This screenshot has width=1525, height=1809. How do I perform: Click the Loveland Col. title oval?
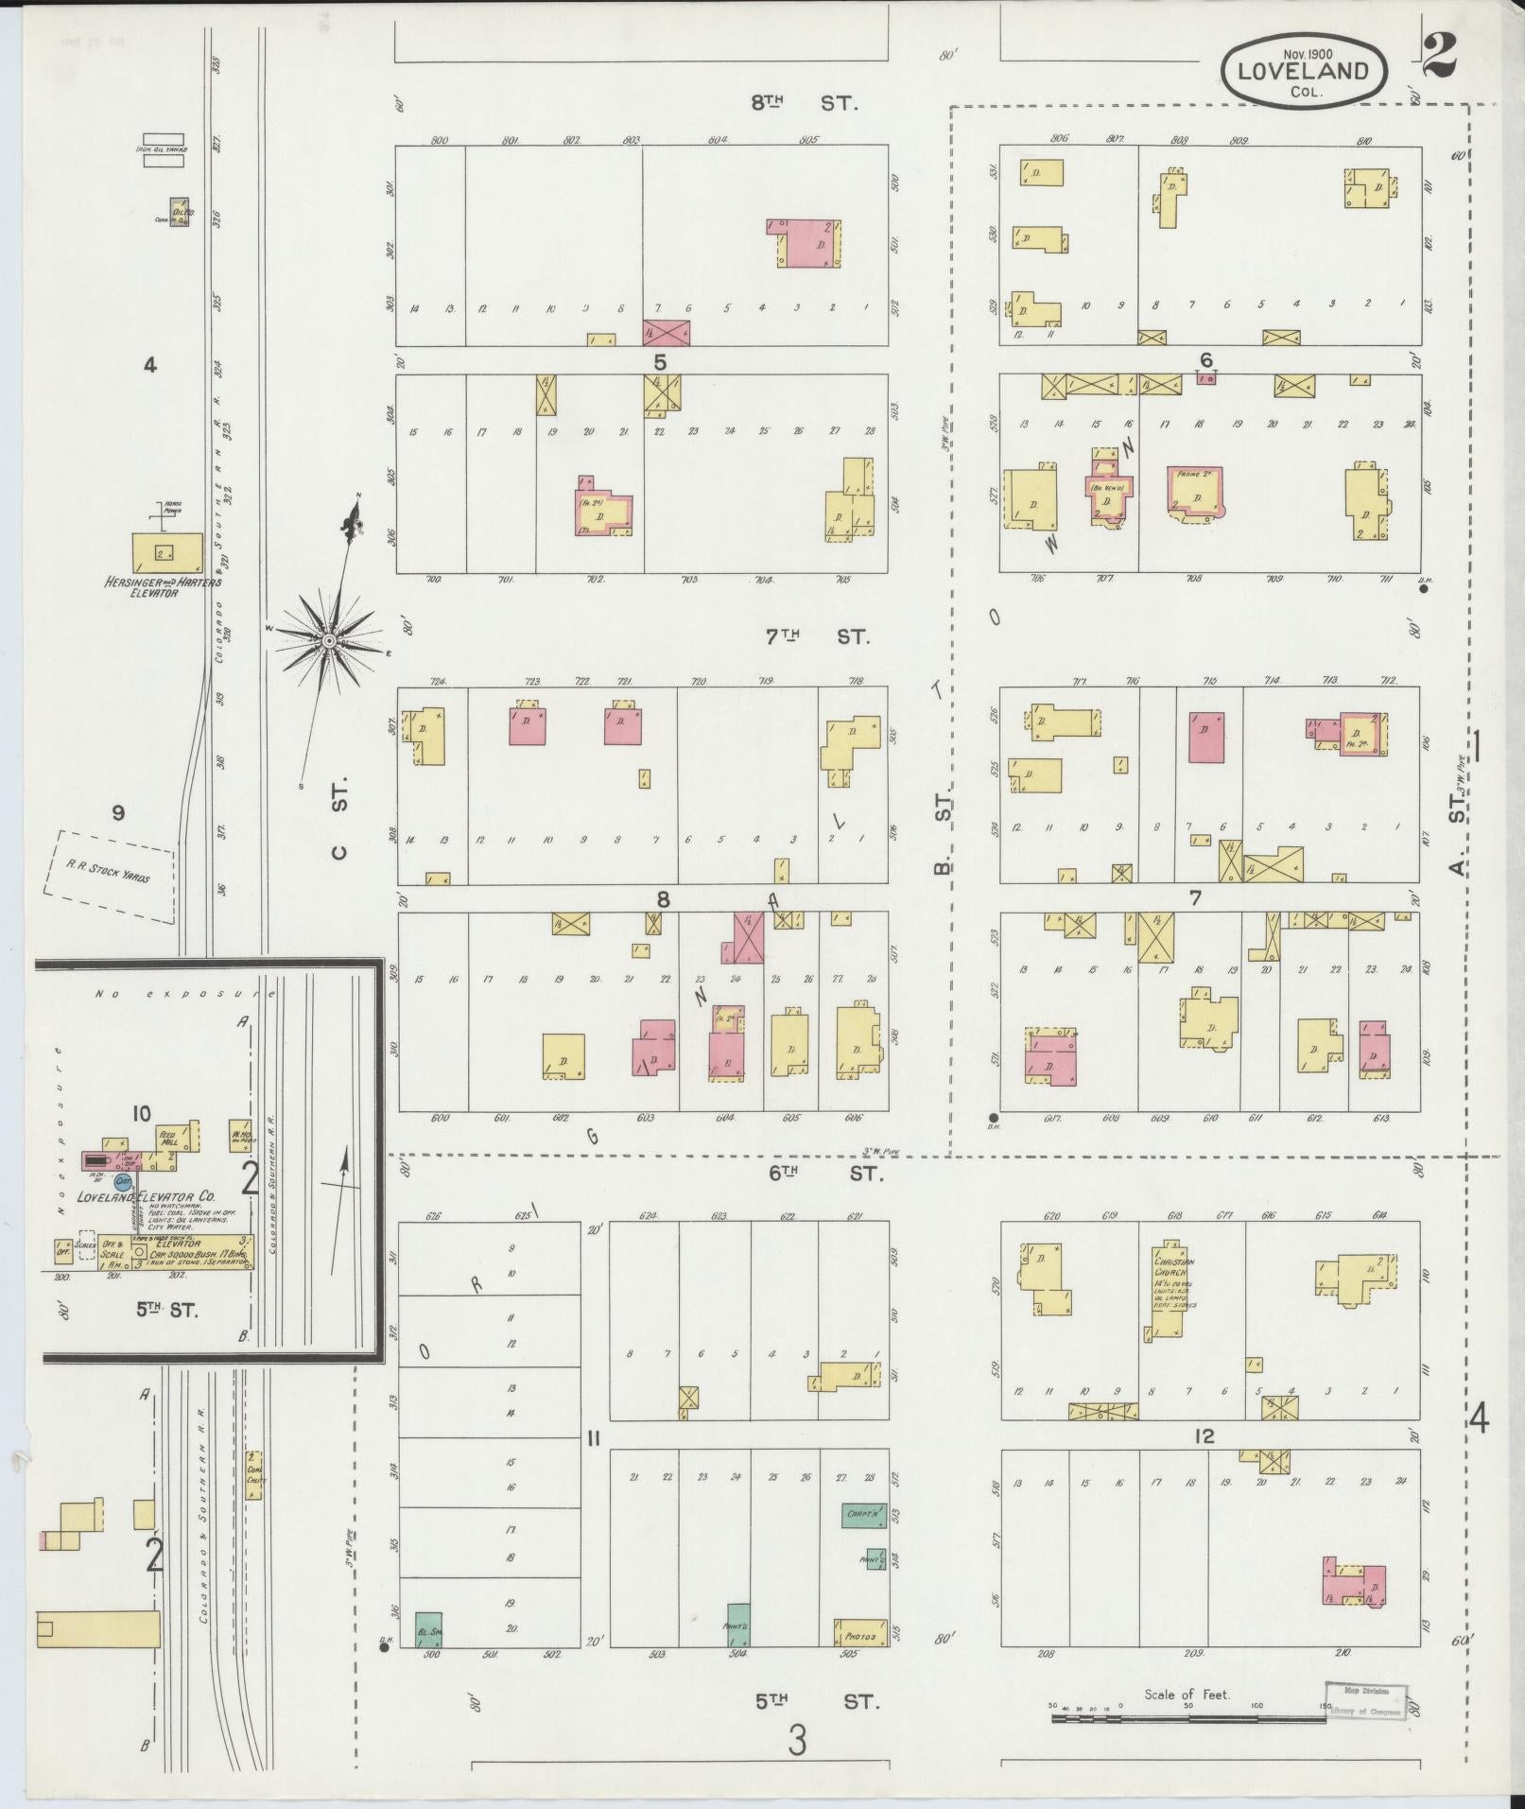(x=1304, y=71)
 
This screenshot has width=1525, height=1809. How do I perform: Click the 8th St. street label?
(x=805, y=104)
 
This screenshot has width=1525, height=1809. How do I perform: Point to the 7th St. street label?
(x=817, y=637)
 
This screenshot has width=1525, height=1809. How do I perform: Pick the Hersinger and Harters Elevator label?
(x=163, y=586)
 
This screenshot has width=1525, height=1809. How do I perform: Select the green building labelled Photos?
(x=861, y=1634)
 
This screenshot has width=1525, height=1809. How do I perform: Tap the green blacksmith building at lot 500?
(x=429, y=1629)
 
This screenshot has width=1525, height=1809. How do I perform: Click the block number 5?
(x=661, y=362)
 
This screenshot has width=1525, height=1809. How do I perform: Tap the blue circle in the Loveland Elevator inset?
(x=122, y=1181)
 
